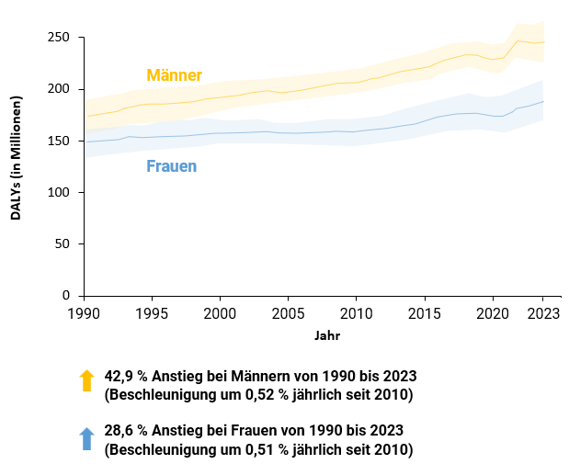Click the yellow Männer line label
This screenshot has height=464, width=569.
pyautogui.click(x=174, y=75)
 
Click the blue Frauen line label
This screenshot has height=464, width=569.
pyautogui.click(x=171, y=166)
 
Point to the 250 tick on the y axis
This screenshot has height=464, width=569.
pyautogui.click(x=59, y=38)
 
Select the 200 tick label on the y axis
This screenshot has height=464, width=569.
pyautogui.click(x=59, y=89)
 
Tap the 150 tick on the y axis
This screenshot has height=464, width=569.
pyautogui.click(x=59, y=141)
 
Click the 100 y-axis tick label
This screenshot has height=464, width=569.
pyautogui.click(x=59, y=193)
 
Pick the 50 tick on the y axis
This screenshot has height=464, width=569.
pyautogui.click(x=63, y=244)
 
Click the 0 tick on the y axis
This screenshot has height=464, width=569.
pyautogui.click(x=66, y=296)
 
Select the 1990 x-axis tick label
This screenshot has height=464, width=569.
pyautogui.click(x=84, y=313)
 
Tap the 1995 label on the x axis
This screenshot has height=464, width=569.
pyautogui.click(x=152, y=313)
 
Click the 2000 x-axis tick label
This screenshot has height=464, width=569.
pyautogui.click(x=220, y=313)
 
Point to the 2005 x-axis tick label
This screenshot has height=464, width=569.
pyautogui.click(x=288, y=313)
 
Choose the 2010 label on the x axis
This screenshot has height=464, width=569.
pyautogui.click(x=356, y=313)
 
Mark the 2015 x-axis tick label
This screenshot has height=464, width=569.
pyautogui.click(x=424, y=313)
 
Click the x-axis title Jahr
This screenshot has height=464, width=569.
pyautogui.click(x=326, y=336)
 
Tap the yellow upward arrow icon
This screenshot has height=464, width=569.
pyautogui.click(x=87, y=380)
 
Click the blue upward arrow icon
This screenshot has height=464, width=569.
pyautogui.click(x=87, y=438)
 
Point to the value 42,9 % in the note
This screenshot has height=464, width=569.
pyautogui.click(x=127, y=377)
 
